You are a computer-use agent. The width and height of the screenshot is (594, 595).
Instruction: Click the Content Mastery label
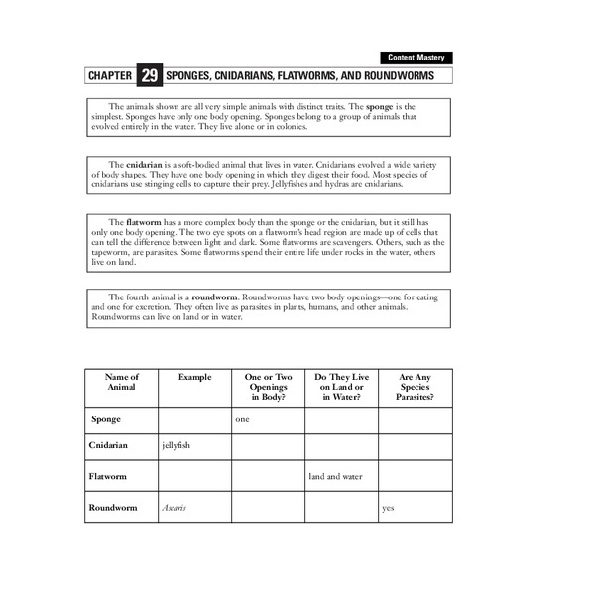pyautogui.click(x=415, y=58)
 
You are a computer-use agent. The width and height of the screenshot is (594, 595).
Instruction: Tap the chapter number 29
pyautogui.click(x=149, y=75)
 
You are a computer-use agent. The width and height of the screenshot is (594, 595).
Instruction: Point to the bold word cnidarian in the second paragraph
pyautogui.click(x=145, y=163)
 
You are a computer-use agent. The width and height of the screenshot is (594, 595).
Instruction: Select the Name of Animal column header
pyautogui.click(x=122, y=383)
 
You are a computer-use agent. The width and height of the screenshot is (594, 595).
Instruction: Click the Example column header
pyautogui.click(x=194, y=377)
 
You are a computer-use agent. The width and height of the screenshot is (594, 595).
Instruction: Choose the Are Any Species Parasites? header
pyautogui.click(x=415, y=387)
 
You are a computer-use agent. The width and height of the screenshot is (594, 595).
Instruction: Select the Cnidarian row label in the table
pyautogui.click(x=111, y=447)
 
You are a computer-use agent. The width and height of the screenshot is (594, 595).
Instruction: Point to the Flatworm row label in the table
pyautogui.click(x=110, y=477)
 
